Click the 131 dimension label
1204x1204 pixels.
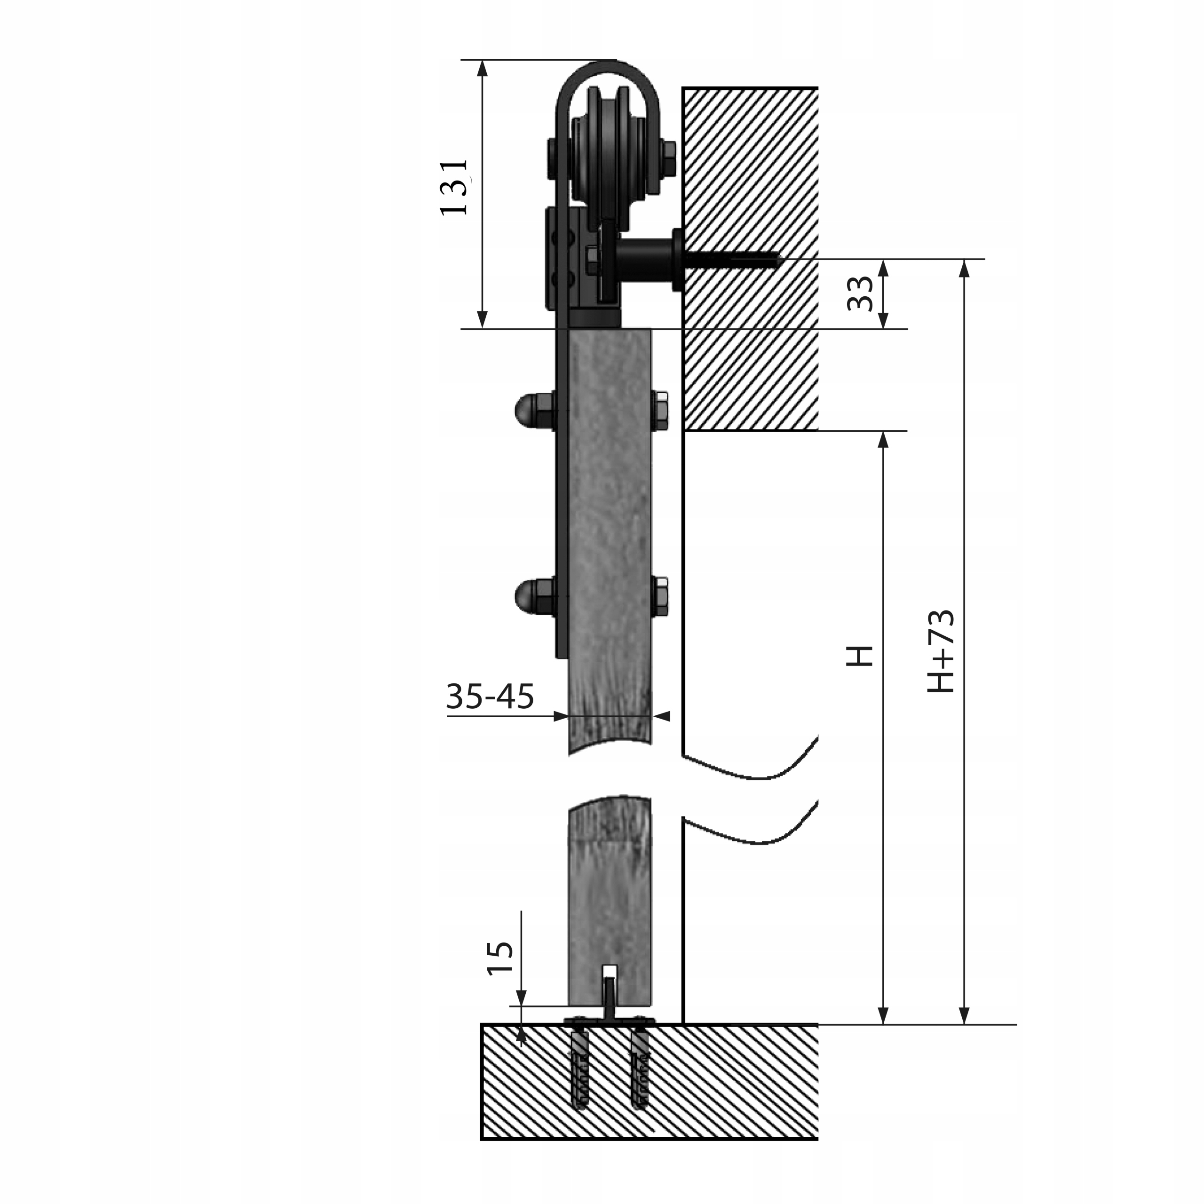[x=454, y=188]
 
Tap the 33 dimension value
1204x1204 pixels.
[x=861, y=293]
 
